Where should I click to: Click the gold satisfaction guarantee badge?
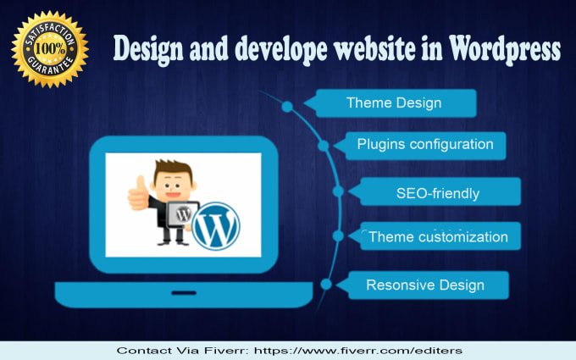pos(50,49)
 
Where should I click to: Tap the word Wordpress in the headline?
pos(505,50)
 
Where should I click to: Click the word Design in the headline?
pos(148,50)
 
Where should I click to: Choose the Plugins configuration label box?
pos(421,146)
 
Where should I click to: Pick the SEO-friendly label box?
pos(435,191)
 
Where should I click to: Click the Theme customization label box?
pos(435,235)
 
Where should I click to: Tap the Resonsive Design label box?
pos(423,285)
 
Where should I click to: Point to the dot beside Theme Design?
pos(287,107)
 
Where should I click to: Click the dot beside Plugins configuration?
pos(324,146)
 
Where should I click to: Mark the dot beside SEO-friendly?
pos(338,191)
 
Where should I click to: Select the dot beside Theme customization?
pos(338,235)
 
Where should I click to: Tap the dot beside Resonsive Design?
pos(326,284)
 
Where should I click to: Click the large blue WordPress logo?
pos(216,226)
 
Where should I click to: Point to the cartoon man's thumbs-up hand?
pos(138,194)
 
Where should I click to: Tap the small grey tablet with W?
pos(183,214)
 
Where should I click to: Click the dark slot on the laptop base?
pos(184,293)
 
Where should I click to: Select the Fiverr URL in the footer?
pos(357,351)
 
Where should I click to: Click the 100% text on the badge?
pos(50,48)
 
